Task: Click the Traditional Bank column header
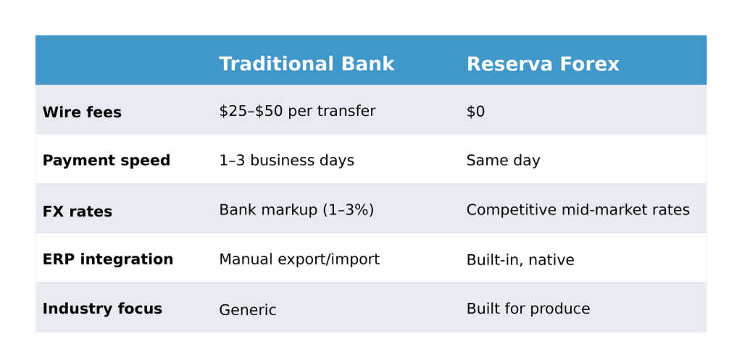(x=307, y=64)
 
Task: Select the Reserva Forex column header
(x=543, y=64)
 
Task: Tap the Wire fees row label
(x=82, y=112)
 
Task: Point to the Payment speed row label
(x=107, y=160)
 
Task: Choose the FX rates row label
(x=78, y=212)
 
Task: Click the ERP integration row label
(x=108, y=259)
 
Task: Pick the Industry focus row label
(x=102, y=309)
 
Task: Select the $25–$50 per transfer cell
(x=297, y=111)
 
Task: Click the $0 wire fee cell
(x=475, y=112)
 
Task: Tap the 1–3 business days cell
(x=286, y=160)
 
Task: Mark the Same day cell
(x=503, y=160)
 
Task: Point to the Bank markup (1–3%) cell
(x=296, y=210)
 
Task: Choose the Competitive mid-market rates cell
(x=578, y=210)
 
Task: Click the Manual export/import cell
(x=299, y=259)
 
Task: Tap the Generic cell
(x=248, y=310)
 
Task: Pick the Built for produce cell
(x=528, y=309)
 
